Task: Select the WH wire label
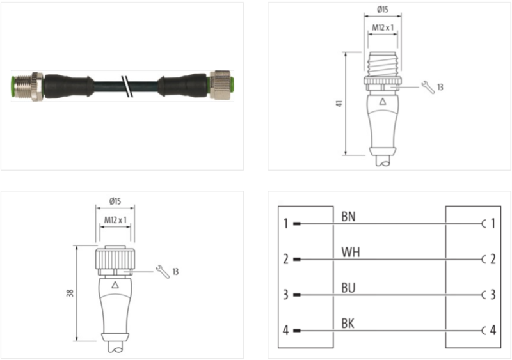tap(350, 252)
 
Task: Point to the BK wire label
tap(348, 324)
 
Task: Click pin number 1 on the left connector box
tap(285, 224)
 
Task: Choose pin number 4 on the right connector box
tap(492, 331)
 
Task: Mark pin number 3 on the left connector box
tap(285, 295)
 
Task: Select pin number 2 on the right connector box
tap(492, 260)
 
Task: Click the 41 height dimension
tap(338, 104)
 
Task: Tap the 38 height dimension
tap(70, 293)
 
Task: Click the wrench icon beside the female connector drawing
tap(163, 272)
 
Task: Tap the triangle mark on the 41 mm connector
tap(383, 102)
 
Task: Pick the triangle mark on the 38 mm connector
tap(115, 286)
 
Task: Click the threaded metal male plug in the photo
tap(27, 84)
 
